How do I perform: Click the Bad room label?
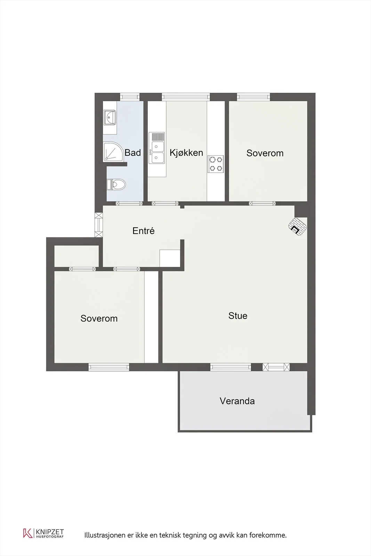click(x=132, y=153)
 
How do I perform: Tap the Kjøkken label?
click(x=186, y=153)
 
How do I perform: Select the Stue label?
click(x=237, y=316)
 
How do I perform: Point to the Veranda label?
click(x=237, y=401)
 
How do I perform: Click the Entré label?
click(x=144, y=231)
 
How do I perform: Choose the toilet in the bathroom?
click(x=116, y=185)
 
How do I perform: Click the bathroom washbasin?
click(x=110, y=117)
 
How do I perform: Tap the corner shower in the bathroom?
click(x=113, y=152)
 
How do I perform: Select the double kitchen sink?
click(x=157, y=148)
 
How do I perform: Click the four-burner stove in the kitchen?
click(x=216, y=164)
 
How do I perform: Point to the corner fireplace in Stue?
click(x=297, y=226)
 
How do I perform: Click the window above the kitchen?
click(x=186, y=97)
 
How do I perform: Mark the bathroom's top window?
click(x=130, y=97)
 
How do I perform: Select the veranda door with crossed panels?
click(x=276, y=367)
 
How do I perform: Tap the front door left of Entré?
click(x=99, y=225)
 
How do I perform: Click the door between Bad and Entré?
click(x=129, y=204)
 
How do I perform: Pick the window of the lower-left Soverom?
click(x=109, y=367)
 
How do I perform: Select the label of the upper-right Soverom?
click(x=265, y=153)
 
